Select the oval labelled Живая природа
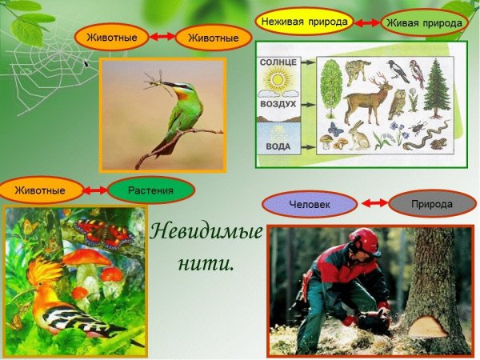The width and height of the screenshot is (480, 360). pyautogui.click(x=424, y=23)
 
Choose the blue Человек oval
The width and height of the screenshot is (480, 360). pyautogui.click(x=307, y=204)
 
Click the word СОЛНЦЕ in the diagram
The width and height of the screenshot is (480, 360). pyautogui.click(x=278, y=62)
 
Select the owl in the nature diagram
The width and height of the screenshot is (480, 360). pyautogui.click(x=394, y=103)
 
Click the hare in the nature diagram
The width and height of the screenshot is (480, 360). pyautogui.click(x=357, y=138)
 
